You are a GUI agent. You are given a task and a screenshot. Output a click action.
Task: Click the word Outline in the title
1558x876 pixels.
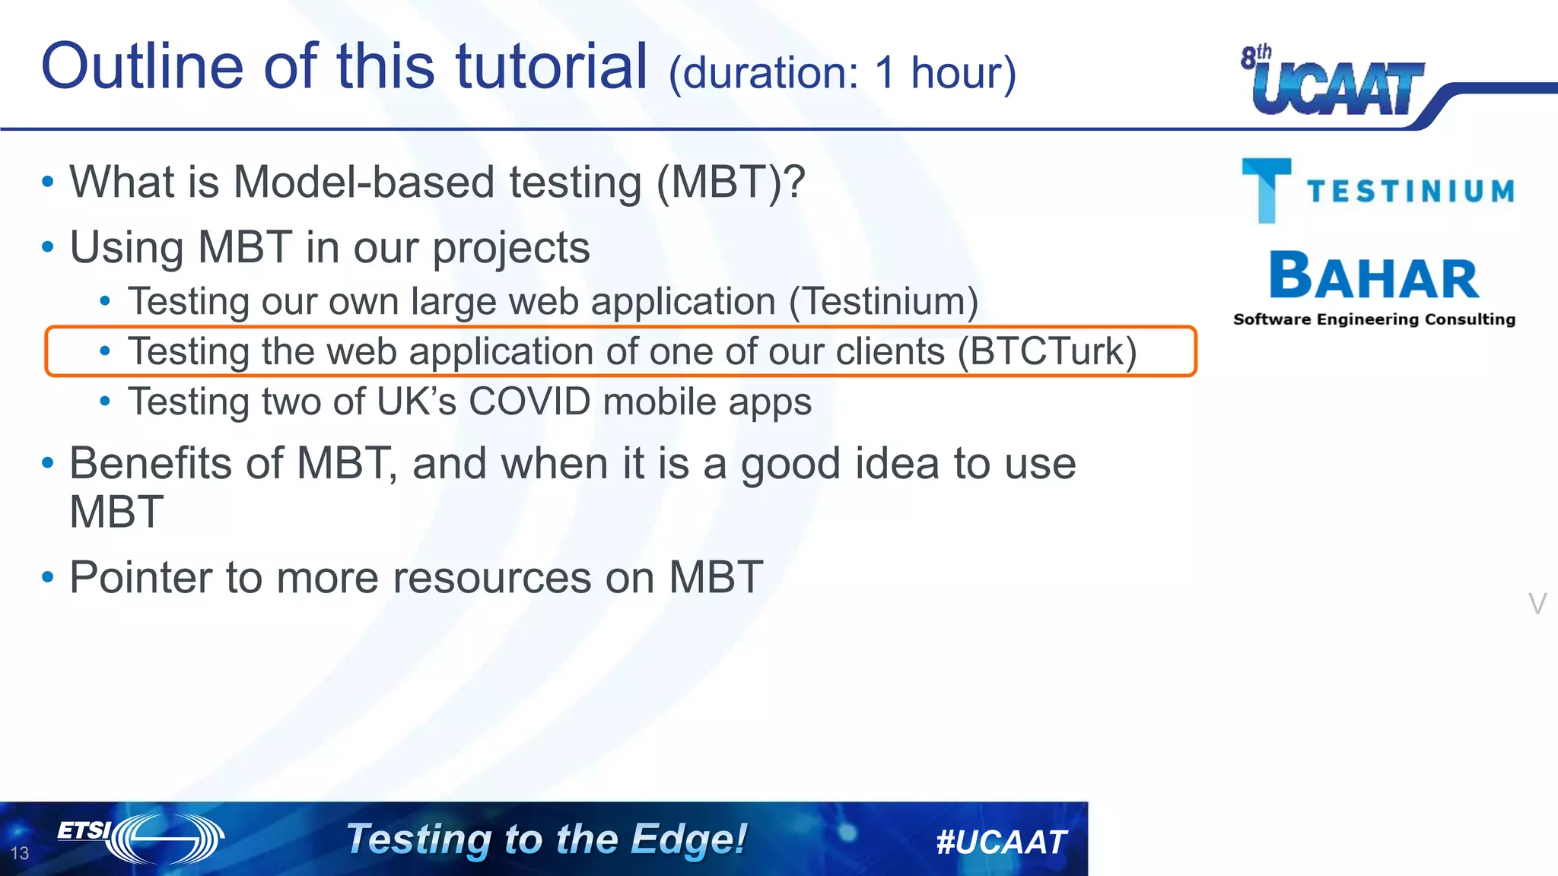tap(141, 67)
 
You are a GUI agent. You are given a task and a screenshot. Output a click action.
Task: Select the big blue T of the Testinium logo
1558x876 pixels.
tap(1266, 189)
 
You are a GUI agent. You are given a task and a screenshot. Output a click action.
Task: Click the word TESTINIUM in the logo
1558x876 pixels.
tap(1411, 191)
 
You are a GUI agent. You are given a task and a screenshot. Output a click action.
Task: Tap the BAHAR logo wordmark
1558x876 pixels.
tap(1374, 277)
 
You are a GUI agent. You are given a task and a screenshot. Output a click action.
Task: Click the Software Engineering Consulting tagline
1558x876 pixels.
tap(1374, 319)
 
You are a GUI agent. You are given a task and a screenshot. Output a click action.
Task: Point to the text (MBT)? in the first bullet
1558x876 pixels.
tap(730, 182)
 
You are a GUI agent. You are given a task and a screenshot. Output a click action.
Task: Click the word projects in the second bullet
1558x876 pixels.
tap(510, 248)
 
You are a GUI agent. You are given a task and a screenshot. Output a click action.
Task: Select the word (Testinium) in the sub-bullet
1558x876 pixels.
tap(883, 301)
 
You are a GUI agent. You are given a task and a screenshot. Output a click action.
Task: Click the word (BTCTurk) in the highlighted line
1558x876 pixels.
tap(1047, 351)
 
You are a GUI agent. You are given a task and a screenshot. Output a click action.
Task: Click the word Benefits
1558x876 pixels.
tap(176, 463)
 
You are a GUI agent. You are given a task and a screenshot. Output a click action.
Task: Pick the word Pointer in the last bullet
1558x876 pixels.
tap(140, 577)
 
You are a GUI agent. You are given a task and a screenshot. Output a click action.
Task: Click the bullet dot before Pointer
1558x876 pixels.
tap(48, 577)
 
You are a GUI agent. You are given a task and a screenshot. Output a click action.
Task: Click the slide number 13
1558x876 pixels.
tap(20, 853)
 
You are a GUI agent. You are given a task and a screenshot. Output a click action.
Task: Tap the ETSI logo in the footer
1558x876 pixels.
tap(141, 838)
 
